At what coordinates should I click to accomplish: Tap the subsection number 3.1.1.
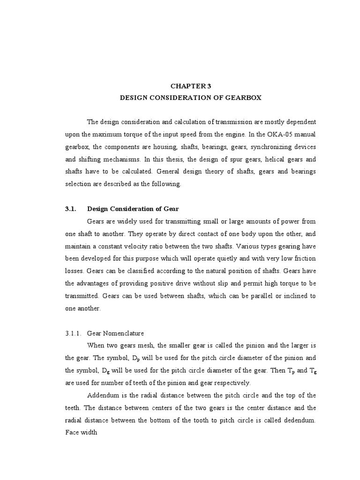coord(74,333)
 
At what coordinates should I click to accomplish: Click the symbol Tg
coord(312,371)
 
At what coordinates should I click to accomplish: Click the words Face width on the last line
coord(81,432)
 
